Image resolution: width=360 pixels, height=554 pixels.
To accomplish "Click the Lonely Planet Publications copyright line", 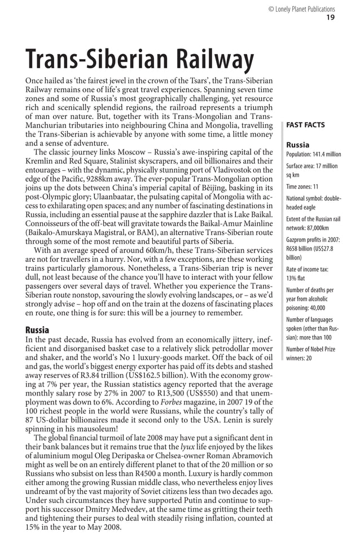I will coord(301,9).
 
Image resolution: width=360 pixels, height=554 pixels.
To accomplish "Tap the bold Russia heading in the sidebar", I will coord(298,144).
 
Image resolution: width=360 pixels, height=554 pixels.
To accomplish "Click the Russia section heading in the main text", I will coord(37,329).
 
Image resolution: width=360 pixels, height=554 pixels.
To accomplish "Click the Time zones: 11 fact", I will coord(302,187).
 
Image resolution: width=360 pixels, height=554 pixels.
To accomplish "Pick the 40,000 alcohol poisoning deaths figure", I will coord(321,308).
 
